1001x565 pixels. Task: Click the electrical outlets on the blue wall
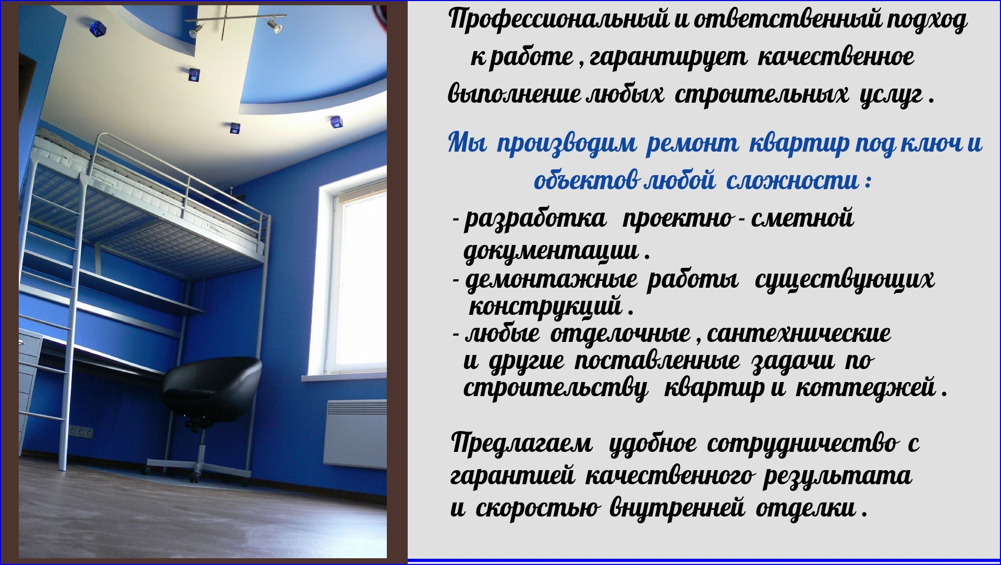pos(81,432)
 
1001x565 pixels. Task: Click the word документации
pos(551,252)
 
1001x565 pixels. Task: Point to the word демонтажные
pos(551,280)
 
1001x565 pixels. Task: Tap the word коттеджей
pos(866,388)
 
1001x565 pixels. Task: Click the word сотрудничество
pos(803,444)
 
